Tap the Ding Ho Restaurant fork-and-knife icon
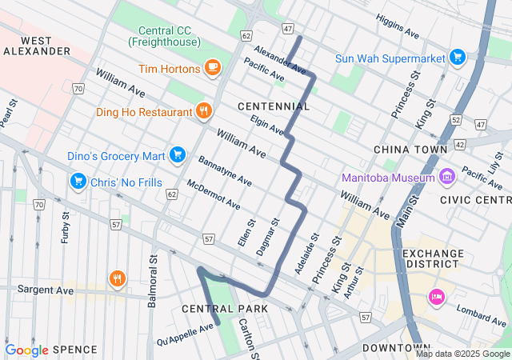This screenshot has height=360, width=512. click(x=204, y=111)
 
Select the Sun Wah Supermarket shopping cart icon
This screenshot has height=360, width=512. click(x=457, y=58)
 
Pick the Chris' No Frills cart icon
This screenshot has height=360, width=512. click(x=78, y=181)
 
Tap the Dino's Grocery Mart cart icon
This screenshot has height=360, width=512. click(x=178, y=154)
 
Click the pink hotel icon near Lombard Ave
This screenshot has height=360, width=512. click(x=436, y=298)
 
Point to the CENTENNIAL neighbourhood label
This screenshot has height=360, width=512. click(x=274, y=106)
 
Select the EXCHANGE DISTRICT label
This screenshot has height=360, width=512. click(x=433, y=258)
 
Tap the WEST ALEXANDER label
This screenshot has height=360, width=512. click(x=37, y=46)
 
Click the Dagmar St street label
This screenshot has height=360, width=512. click(x=267, y=237)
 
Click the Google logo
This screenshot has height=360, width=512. click(x=27, y=350)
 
